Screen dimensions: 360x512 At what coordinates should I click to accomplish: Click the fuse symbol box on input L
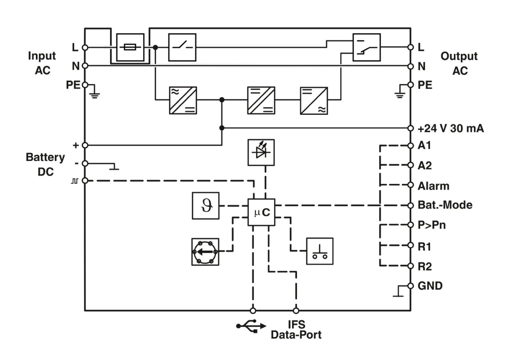130,47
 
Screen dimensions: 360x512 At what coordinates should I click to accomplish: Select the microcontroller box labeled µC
262,212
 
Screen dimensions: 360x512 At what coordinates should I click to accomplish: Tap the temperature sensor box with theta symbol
205,206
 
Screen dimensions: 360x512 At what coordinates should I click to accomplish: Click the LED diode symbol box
261,152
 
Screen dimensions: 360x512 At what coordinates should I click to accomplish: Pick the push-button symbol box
320,251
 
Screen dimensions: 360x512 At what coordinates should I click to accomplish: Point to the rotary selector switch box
205,252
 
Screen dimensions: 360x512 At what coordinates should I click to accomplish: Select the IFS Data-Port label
296,330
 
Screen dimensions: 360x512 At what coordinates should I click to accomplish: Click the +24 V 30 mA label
451,129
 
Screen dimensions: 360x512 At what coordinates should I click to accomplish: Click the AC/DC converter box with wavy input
183,100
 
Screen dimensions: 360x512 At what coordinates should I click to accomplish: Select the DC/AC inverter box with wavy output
314,100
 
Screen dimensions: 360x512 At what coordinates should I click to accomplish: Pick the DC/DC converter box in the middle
261,100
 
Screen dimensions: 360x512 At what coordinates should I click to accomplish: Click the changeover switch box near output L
366,47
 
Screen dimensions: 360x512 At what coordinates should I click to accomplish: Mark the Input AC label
42,63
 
